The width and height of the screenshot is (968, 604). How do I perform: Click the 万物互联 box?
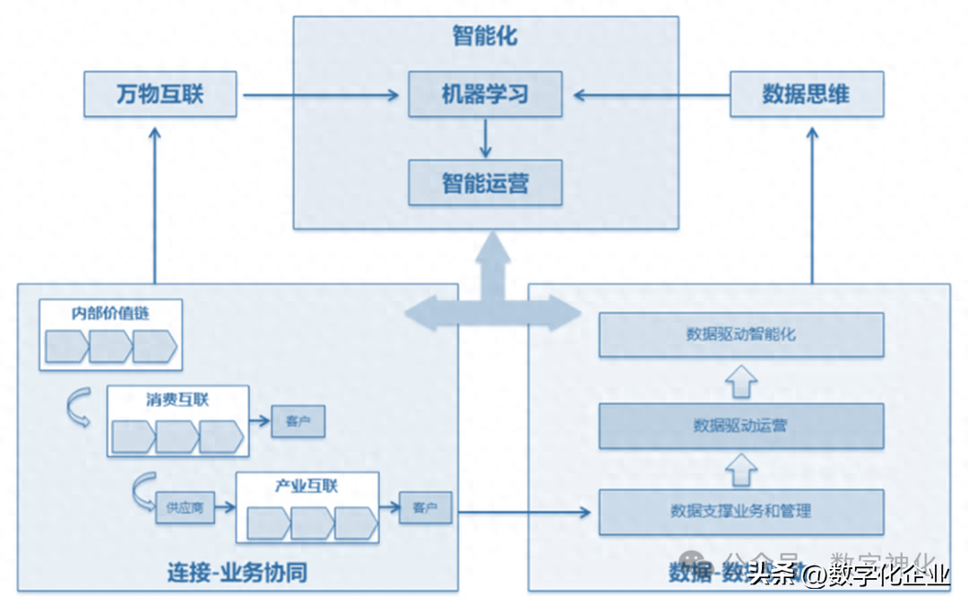[160, 94]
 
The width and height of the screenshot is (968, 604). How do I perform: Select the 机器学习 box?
[485, 94]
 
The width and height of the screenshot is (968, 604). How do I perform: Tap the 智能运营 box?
[485, 184]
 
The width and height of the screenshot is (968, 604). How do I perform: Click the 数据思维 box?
[806, 94]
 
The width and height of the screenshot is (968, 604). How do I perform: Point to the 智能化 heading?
[485, 37]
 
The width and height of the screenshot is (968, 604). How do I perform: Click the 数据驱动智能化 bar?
[741, 334]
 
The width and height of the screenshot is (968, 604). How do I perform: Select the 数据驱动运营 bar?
[741, 426]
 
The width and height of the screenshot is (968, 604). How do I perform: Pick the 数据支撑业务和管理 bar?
[741, 512]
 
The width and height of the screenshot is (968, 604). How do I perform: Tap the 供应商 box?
[185, 508]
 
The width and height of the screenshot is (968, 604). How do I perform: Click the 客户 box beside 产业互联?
[425, 508]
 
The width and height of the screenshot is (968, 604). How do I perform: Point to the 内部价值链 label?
[110, 314]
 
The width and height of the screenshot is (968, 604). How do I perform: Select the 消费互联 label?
[177, 400]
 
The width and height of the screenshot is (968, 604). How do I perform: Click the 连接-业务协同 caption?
[238, 572]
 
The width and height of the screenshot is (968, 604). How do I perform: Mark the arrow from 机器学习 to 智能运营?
[485, 138]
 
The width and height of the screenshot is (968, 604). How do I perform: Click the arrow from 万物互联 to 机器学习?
[321, 94]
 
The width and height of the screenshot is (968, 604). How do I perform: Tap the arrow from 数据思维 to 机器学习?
[652, 94]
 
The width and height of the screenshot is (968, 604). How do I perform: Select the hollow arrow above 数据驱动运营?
[740, 382]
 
